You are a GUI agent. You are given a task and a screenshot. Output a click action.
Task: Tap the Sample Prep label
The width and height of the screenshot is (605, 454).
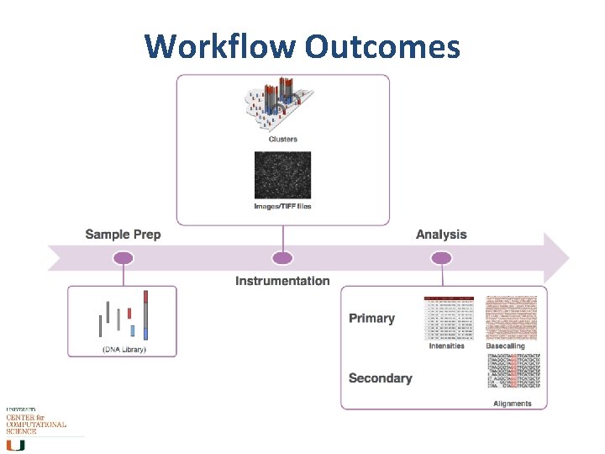pos(123,235)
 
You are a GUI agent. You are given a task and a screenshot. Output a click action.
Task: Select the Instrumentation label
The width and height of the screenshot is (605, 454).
pos(282,281)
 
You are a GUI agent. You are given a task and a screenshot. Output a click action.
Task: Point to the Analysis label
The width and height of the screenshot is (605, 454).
pos(441,235)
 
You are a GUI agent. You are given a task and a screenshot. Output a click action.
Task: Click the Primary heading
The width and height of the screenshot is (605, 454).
pos(371,319)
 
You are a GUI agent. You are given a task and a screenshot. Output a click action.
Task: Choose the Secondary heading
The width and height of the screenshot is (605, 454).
pos(380,378)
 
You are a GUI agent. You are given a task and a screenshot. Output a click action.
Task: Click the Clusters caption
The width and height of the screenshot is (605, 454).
pos(282,139)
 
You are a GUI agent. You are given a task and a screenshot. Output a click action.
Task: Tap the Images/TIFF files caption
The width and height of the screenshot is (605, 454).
pos(282,207)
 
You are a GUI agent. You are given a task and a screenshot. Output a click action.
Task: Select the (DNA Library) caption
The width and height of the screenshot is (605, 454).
pos(124,349)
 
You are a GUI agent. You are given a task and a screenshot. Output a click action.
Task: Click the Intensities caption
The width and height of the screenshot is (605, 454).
pos(446,346)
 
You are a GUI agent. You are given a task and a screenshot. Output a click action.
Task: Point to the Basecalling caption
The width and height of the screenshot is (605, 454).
pos(505,346)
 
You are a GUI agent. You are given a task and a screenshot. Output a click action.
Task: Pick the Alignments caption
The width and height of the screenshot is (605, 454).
pos(512,404)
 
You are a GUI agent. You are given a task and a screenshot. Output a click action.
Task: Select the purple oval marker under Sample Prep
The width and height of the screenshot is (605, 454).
pos(124,257)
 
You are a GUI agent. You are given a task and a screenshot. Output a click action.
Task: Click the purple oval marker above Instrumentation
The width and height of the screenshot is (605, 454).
pos(283,257)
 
